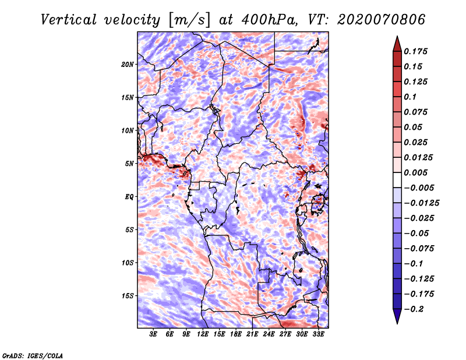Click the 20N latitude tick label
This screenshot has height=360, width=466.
(128, 64)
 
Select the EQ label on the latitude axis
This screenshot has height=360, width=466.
(129, 197)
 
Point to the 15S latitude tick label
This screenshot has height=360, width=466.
(128, 296)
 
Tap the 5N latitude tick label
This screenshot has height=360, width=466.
(129, 164)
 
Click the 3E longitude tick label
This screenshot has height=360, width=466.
(153, 334)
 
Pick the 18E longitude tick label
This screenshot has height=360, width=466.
(236, 334)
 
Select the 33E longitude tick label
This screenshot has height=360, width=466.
(318, 334)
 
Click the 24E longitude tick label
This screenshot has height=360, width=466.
(269, 334)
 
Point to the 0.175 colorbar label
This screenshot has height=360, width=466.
(415, 51)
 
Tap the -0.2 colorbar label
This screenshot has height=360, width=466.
(414, 309)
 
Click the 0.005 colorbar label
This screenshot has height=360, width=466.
(415, 172)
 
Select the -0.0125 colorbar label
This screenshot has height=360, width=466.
(421, 203)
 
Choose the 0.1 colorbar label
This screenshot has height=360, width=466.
(410, 97)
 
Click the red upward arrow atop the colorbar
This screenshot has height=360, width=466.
(397, 44)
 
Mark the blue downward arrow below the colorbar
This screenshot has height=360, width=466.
(397, 316)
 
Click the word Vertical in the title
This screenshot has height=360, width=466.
(68, 20)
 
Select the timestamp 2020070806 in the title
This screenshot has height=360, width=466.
(382, 20)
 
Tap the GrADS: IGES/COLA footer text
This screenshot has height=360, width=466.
(33, 355)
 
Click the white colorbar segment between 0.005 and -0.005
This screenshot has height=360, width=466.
(397, 180)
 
